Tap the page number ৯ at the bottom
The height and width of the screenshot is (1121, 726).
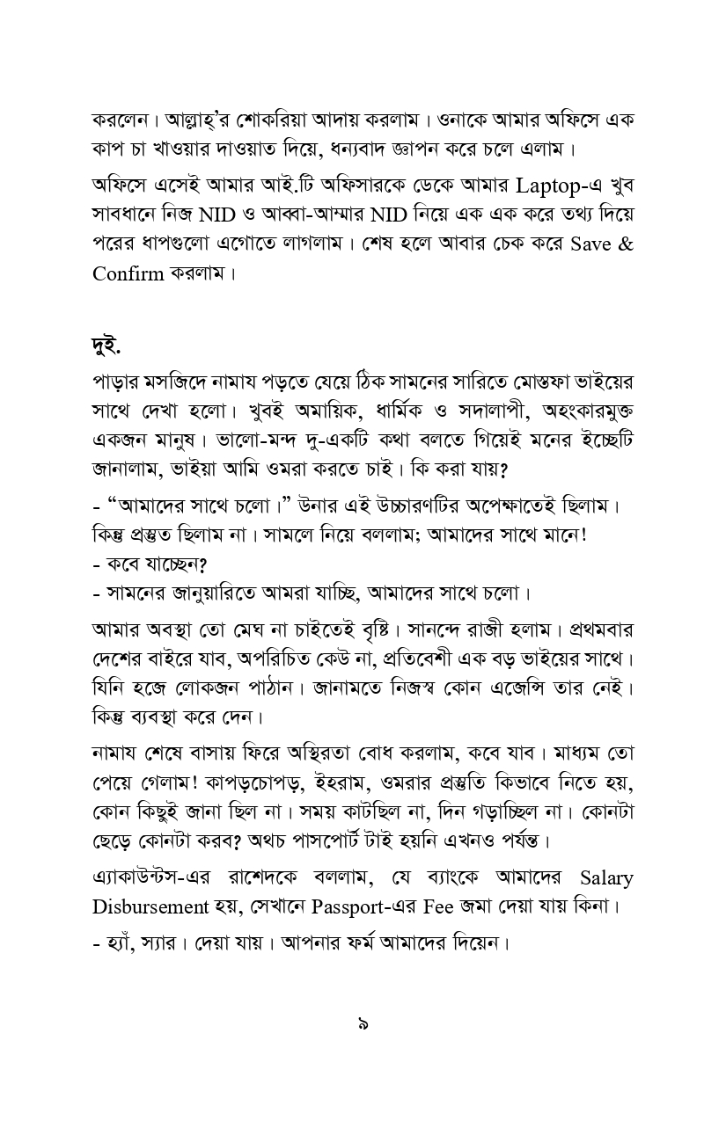pos(363,1023)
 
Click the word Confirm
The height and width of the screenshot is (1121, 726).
pos(128,273)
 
